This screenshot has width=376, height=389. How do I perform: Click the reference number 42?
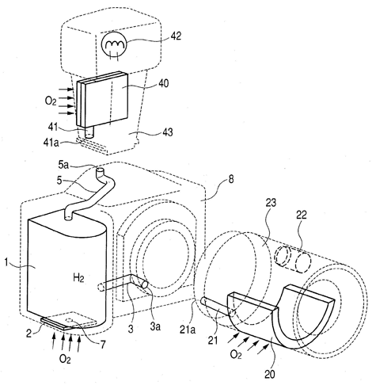[175, 36]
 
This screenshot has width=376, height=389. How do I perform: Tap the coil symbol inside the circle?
[114, 46]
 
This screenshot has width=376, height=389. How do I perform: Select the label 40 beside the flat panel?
[162, 84]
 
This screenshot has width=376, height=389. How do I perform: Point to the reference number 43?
[167, 132]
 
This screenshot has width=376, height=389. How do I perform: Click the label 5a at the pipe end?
[63, 166]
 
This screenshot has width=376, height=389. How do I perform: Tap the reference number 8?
[230, 180]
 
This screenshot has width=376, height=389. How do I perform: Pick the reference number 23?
[270, 204]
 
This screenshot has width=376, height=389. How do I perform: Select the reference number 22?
[301, 215]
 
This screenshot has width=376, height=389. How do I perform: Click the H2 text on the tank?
[78, 278]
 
